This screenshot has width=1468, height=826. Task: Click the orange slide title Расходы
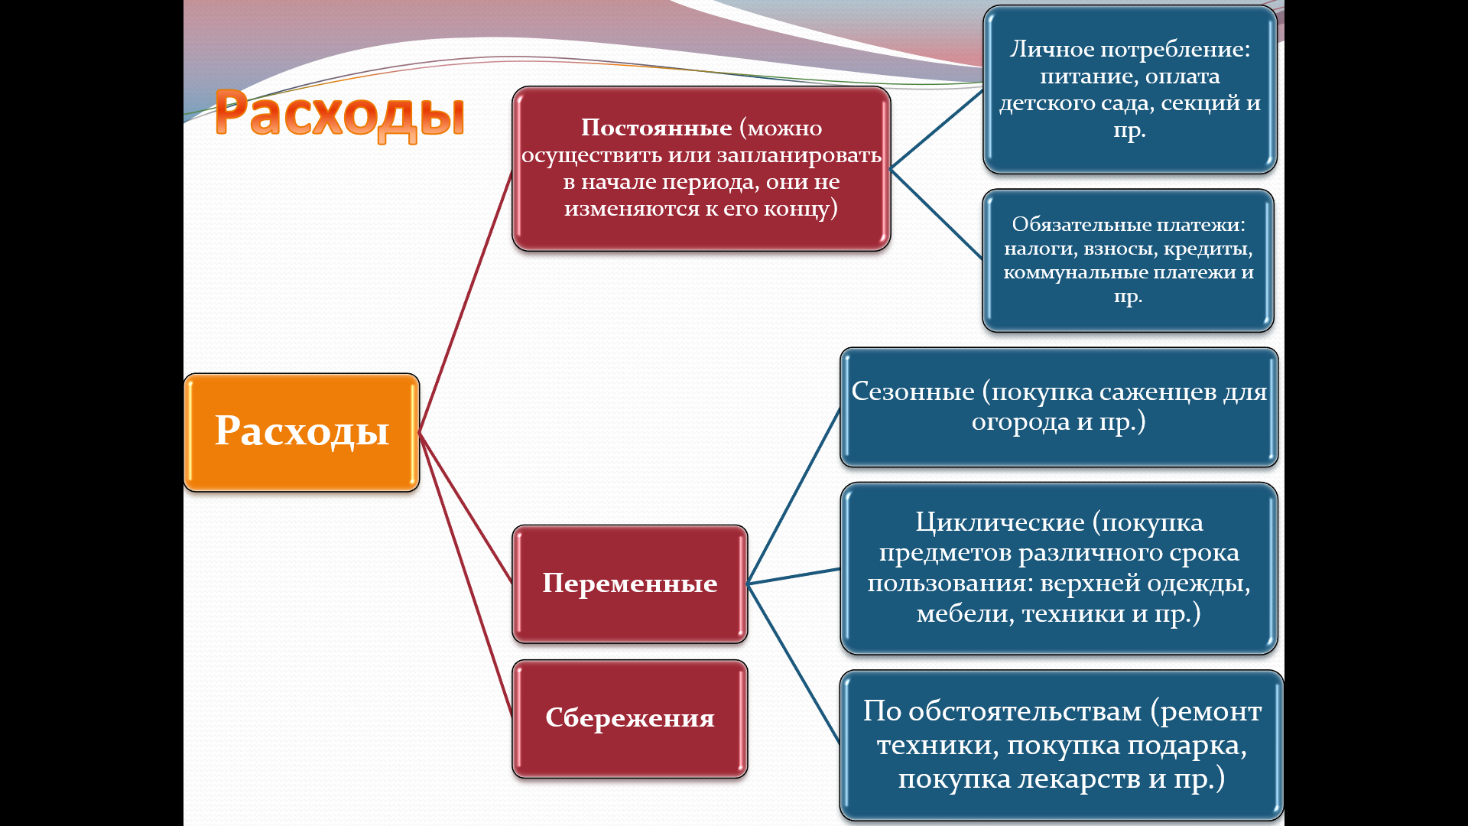coord(339,114)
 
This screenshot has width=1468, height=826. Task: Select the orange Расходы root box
coord(301,432)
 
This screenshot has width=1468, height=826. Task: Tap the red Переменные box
coord(629,584)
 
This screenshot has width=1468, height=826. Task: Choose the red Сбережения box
coord(629,718)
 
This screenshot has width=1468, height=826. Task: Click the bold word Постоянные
coord(656,128)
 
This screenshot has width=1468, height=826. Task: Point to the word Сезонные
coord(913,392)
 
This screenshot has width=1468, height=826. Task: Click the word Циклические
coord(1000,522)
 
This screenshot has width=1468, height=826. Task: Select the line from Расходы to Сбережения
coord(466,575)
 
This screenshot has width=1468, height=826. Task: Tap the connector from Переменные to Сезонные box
coord(794,496)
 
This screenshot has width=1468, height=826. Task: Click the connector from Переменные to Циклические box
coord(794,576)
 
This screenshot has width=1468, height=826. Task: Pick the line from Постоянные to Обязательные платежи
coord(937,213)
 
